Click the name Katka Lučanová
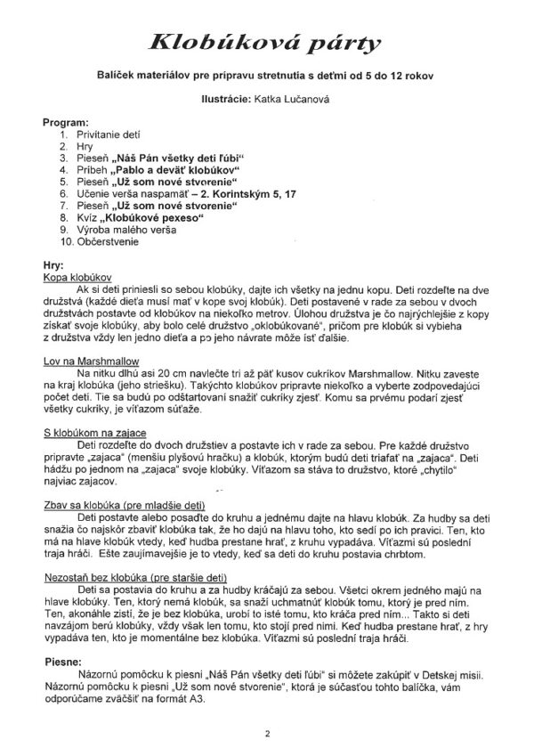299,100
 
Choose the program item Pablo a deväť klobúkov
178,167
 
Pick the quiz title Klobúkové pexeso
157,215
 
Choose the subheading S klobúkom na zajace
93,431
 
